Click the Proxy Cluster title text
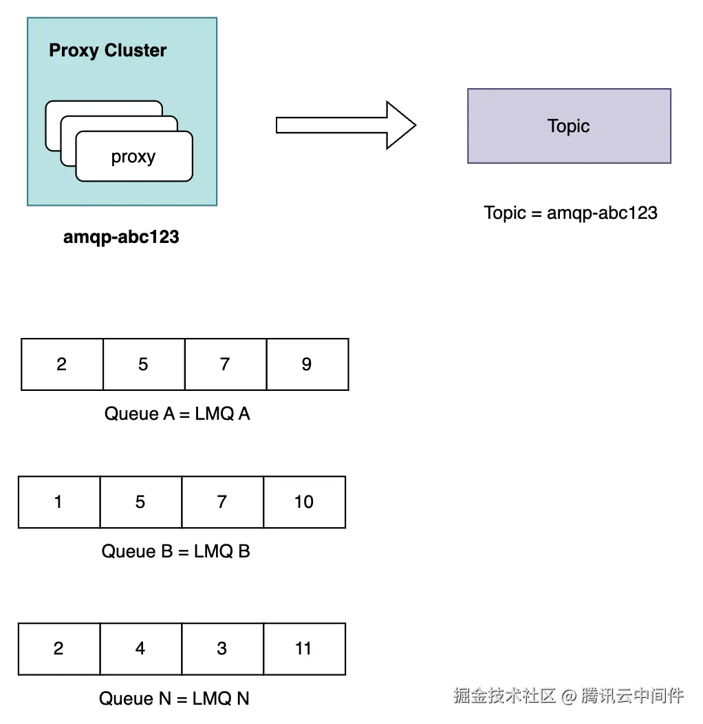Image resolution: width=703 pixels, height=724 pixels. click(107, 50)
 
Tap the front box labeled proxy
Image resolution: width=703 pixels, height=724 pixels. click(134, 156)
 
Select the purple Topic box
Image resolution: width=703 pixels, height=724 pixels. click(569, 126)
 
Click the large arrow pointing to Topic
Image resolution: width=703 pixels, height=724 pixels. click(346, 125)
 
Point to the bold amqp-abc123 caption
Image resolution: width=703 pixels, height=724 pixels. click(121, 237)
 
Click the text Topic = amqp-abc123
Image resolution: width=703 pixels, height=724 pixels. click(570, 213)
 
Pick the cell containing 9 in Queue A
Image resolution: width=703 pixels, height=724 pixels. click(307, 364)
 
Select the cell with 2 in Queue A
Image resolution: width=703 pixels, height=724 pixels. click(62, 364)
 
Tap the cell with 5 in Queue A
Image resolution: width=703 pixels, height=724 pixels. click(144, 364)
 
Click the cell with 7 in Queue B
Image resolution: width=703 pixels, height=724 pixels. click(222, 502)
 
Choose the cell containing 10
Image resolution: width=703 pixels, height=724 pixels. click(305, 502)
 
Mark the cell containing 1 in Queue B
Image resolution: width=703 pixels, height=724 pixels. click(59, 502)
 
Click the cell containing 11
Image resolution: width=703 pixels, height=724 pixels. click(305, 649)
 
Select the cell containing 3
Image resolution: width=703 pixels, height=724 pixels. click(222, 649)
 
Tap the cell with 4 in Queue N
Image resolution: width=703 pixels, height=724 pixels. click(141, 649)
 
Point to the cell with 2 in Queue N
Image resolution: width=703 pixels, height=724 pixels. click(59, 649)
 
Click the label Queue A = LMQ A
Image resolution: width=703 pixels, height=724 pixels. click(177, 414)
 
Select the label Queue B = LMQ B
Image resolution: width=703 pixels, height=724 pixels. click(176, 551)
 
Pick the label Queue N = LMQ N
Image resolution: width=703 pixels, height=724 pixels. click(174, 699)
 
